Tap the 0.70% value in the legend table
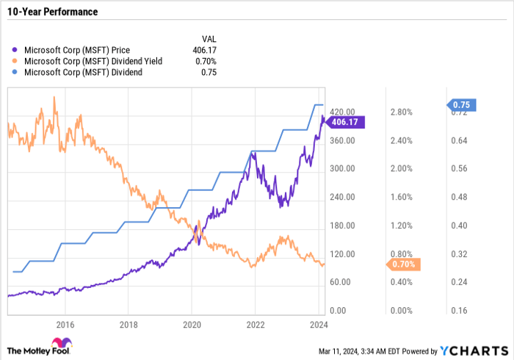pyautogui.click(x=207, y=61)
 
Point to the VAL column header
pyautogui.click(x=210, y=37)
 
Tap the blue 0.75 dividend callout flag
pyautogui.click(x=463, y=104)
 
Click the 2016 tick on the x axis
pyautogui.click(x=65, y=324)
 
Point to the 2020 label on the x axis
pyautogui.click(x=192, y=324)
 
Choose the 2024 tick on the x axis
pyautogui.click(x=319, y=324)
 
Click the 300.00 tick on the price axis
pyautogui.click(x=341, y=169)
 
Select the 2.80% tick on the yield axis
pyautogui.click(x=400, y=112)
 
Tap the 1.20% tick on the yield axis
pyautogui.click(x=400, y=226)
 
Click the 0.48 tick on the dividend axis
pyautogui.click(x=460, y=197)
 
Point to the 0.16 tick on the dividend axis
pyautogui.click(x=460, y=311)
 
